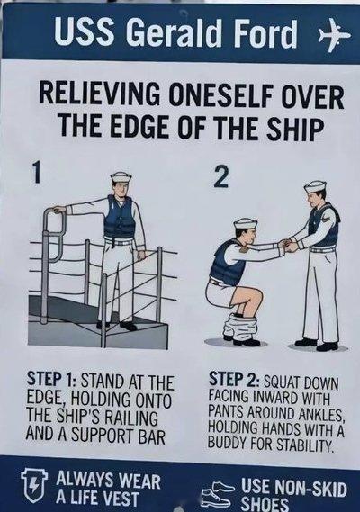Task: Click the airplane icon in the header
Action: (x=335, y=35)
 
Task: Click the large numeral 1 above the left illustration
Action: (x=38, y=173)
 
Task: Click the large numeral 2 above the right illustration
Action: (x=220, y=177)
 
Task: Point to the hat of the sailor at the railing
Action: (x=121, y=177)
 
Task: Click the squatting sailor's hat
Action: (x=246, y=223)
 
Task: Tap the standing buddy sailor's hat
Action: (x=315, y=186)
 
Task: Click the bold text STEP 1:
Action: (x=51, y=381)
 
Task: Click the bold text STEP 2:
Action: (x=234, y=379)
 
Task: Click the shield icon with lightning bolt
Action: (x=34, y=486)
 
